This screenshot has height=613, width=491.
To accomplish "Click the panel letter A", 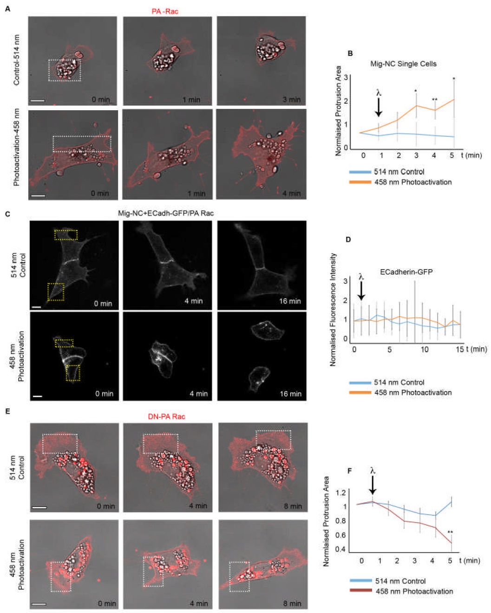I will pyautogui.click(x=7, y=8).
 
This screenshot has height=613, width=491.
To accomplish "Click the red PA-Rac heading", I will pyautogui.click(x=165, y=11).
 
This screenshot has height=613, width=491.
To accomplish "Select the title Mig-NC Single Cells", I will pyautogui.click(x=403, y=64).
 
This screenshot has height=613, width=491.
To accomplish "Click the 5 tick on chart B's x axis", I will pyautogui.click(x=452, y=155).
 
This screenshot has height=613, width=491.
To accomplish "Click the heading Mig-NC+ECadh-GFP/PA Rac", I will pyautogui.click(x=166, y=213).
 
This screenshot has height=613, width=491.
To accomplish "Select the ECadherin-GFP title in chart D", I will pyautogui.click(x=406, y=272).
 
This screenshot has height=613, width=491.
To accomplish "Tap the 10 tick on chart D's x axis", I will pyautogui.click(x=425, y=349).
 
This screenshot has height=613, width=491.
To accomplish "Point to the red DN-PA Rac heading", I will pyautogui.click(x=166, y=416).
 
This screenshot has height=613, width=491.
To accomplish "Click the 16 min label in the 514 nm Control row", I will pyautogui.click(x=290, y=301).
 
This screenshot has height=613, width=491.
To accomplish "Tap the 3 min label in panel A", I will pyautogui.click(x=291, y=100).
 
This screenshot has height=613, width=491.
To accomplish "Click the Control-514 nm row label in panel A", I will pyautogui.click(x=17, y=60).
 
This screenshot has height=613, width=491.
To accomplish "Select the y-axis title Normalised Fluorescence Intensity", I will pyautogui.click(x=333, y=309).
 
